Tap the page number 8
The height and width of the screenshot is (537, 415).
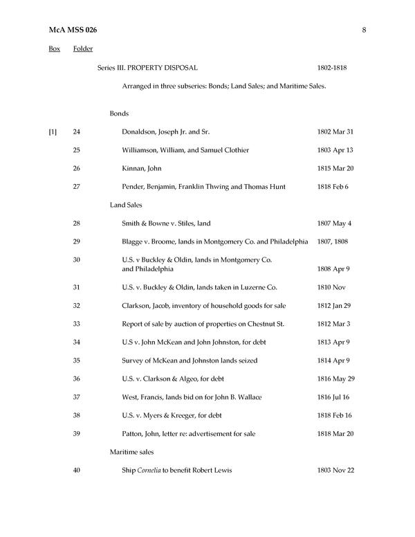pyautogui.click(x=363, y=30)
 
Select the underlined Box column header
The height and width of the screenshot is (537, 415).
pyautogui.click(x=54, y=48)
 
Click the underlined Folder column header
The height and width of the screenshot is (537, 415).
pyautogui.click(x=83, y=48)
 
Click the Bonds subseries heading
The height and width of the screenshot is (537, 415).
pyautogui.click(x=119, y=113)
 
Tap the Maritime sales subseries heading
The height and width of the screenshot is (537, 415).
pyautogui.click(x=131, y=452)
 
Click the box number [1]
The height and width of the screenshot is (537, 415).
pyautogui.click(x=53, y=131)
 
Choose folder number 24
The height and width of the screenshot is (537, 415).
pyautogui.click(x=77, y=131)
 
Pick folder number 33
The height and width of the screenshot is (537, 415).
pyautogui.click(x=77, y=324)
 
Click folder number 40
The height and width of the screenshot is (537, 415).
pyautogui.click(x=77, y=471)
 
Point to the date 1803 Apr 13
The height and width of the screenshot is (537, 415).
pyautogui.click(x=335, y=150)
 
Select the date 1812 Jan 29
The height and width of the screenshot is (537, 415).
pyautogui.click(x=335, y=306)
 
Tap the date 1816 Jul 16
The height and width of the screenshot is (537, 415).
pyautogui.click(x=334, y=397)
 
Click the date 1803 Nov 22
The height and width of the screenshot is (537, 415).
pyautogui.click(x=335, y=471)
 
